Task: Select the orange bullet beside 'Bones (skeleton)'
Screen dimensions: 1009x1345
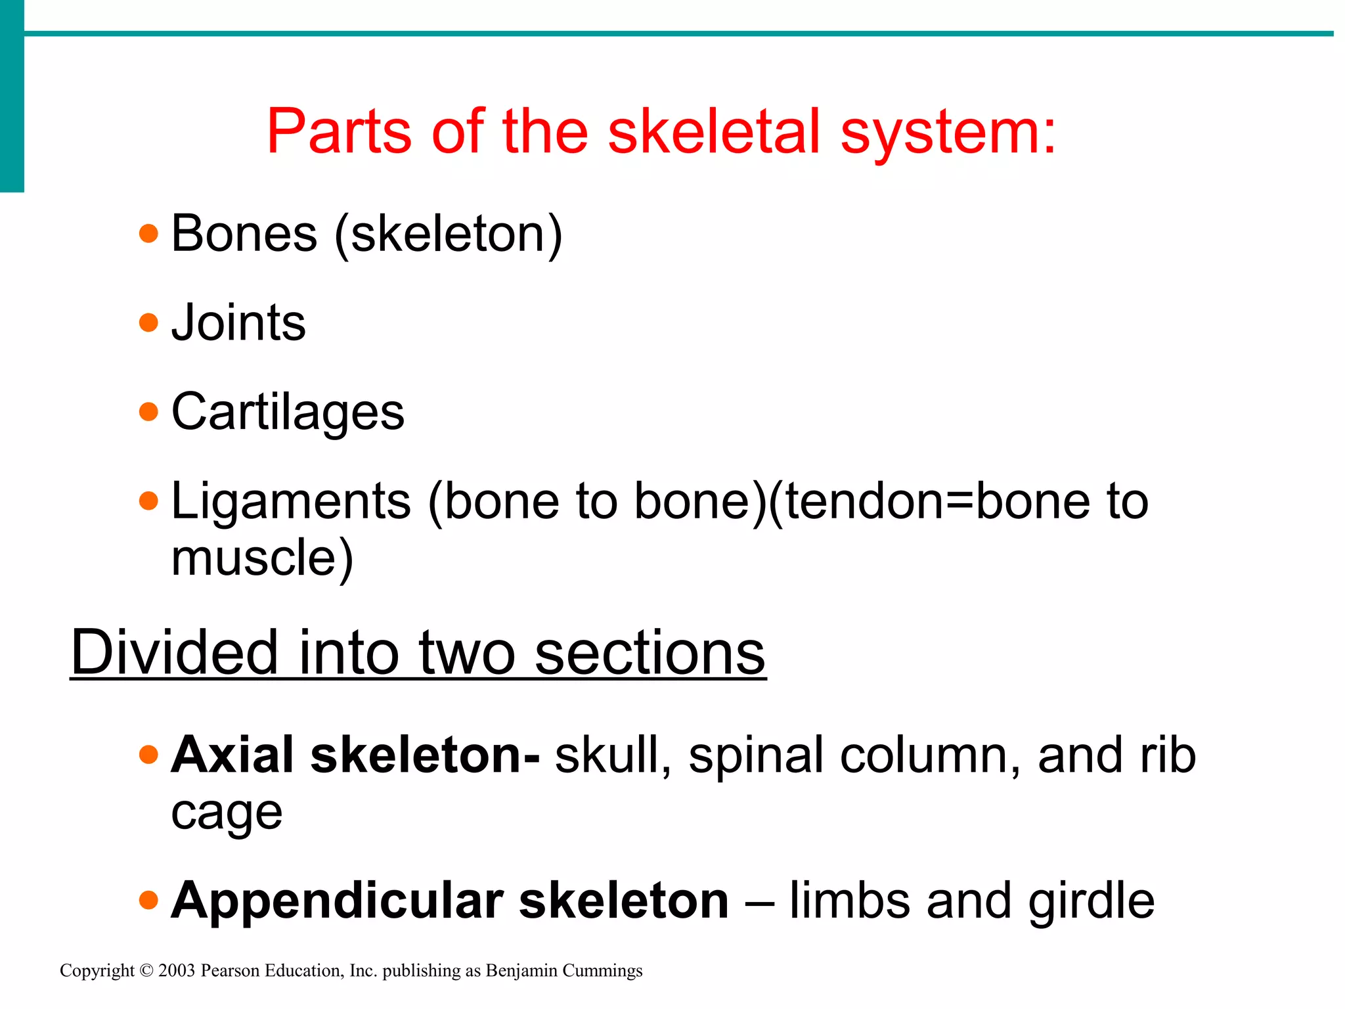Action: (149, 234)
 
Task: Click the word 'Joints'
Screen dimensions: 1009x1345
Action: (238, 323)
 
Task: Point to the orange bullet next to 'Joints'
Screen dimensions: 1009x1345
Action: (149, 323)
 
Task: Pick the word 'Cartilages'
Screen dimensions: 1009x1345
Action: (288, 413)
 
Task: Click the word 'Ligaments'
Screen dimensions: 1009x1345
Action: (291, 502)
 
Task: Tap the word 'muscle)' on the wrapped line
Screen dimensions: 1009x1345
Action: (262, 558)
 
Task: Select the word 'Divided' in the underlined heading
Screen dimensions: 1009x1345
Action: (175, 652)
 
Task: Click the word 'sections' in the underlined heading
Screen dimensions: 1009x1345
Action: (650, 652)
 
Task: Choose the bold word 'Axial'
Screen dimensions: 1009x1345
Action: (232, 755)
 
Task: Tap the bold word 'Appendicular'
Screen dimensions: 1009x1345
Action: (337, 901)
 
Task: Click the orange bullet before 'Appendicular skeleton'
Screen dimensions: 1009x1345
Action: (149, 900)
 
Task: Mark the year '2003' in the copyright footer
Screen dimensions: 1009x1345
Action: (177, 971)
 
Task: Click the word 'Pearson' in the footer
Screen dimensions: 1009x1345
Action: (230, 971)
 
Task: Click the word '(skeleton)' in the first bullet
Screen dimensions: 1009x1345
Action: (449, 235)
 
